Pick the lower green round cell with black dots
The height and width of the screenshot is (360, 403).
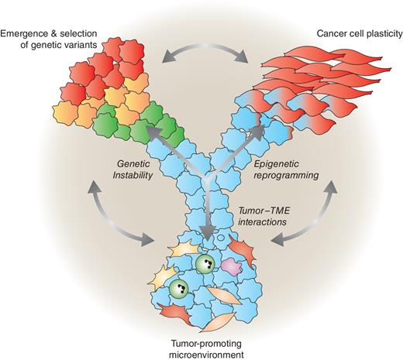point(178,290)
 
